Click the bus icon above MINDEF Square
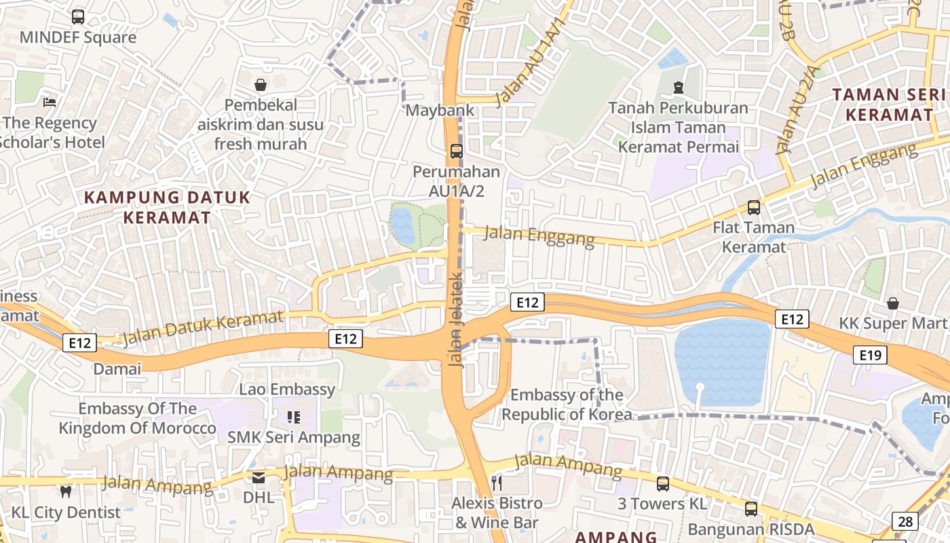click(x=78, y=17)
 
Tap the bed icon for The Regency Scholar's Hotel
click(x=50, y=102)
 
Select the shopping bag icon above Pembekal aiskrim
click(x=260, y=85)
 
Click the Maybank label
click(x=430, y=110)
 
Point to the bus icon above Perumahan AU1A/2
click(x=457, y=151)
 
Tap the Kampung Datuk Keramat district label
click(x=168, y=208)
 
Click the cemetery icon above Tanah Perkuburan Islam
click(x=678, y=88)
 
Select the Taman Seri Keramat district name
click(x=890, y=105)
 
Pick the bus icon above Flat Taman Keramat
click(x=753, y=207)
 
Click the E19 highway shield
click(x=870, y=354)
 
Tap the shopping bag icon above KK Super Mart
click(x=893, y=303)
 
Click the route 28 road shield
click(x=905, y=521)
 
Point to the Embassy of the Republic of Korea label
click(x=567, y=405)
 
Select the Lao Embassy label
click(x=287, y=389)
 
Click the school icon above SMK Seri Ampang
click(x=293, y=417)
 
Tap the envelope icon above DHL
click(x=259, y=477)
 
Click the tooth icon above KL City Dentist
click(x=66, y=491)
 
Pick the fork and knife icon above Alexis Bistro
click(x=497, y=483)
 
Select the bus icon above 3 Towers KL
click(x=662, y=483)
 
